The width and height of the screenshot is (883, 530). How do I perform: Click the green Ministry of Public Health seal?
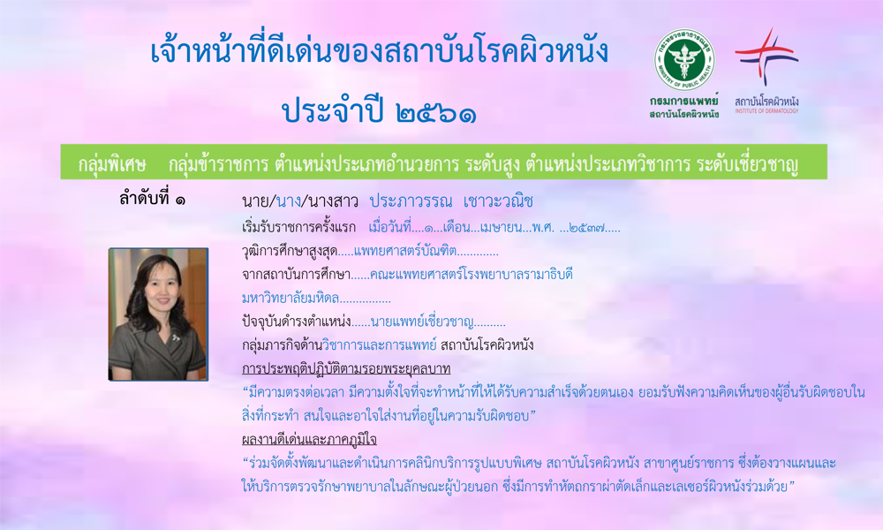click(x=684, y=60)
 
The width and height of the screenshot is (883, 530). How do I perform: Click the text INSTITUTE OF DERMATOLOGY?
click(x=766, y=111)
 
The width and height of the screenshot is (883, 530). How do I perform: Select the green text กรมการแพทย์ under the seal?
click(x=684, y=101)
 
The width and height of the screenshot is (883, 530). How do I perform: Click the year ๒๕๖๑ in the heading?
click(x=436, y=113)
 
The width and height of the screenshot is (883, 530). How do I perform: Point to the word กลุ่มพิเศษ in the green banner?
click(x=112, y=164)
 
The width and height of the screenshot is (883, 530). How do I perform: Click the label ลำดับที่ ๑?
click(x=152, y=198)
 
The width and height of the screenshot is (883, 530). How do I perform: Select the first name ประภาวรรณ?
click(x=411, y=201)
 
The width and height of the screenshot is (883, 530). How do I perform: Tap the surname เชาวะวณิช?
click(x=498, y=201)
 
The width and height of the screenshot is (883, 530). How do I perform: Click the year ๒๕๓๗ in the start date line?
click(x=587, y=228)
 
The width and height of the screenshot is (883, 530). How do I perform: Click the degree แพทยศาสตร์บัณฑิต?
click(x=405, y=251)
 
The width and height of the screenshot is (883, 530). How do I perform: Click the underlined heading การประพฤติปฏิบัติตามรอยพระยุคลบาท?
click(x=346, y=368)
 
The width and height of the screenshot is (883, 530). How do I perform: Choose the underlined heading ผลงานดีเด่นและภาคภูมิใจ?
click(x=309, y=439)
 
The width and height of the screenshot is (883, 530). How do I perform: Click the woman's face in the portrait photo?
click(x=161, y=293)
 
